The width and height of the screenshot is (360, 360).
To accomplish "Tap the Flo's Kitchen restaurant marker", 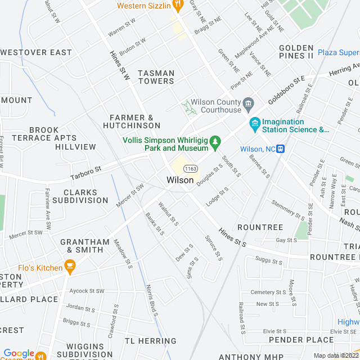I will pyautogui.click(x=70, y=267).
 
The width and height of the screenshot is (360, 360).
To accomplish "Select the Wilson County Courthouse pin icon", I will pyautogui.click(x=249, y=104).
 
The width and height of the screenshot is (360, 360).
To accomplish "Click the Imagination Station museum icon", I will pyautogui.click(x=255, y=123).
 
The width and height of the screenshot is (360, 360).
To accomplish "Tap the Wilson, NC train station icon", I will pyautogui.click(x=280, y=148).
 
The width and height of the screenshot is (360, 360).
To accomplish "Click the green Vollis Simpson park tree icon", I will pyautogui.click(x=215, y=146).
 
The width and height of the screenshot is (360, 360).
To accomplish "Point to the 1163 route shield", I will pyautogui.click(x=191, y=168).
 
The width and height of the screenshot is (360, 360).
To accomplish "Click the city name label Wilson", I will pyautogui.click(x=180, y=180).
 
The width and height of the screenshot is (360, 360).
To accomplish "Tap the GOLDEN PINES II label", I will pyautogui.click(x=296, y=52).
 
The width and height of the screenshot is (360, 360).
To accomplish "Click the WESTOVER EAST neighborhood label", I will pyautogui.click(x=37, y=52).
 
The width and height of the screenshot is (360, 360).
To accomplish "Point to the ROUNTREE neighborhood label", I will pyautogui.click(x=260, y=227).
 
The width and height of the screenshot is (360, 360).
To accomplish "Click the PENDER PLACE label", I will pyautogui.click(x=301, y=340).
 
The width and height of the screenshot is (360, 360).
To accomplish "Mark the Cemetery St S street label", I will pyautogui.click(x=269, y=292).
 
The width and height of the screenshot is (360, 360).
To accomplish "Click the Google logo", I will pyautogui.click(x=19, y=353).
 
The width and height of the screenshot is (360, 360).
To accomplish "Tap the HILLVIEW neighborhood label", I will pyautogui.click(x=76, y=147).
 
